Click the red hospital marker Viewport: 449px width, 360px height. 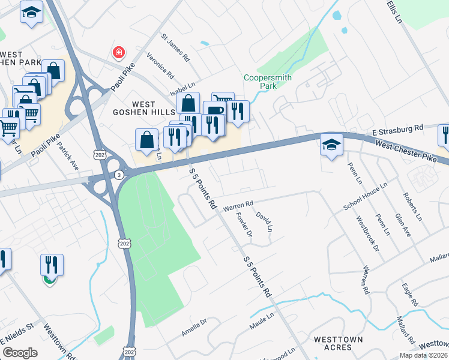(x=119, y=53)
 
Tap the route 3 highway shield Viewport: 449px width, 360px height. (x=119, y=174)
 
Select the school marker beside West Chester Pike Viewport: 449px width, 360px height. (x=331, y=145)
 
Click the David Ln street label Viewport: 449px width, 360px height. (x=265, y=221)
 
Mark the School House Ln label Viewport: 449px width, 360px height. (x=363, y=197)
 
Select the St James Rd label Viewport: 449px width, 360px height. (x=175, y=47)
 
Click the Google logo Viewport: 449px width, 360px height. (x=20, y=353)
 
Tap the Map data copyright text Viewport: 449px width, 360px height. (x=424, y=355)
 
